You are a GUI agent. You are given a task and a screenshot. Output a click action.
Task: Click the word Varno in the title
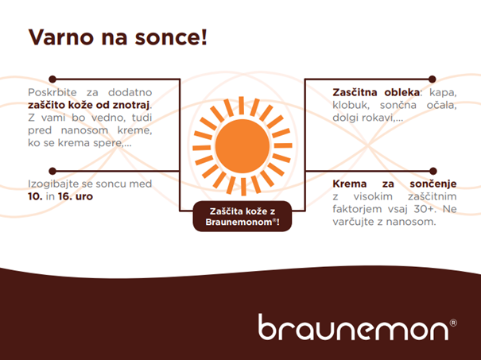pyautogui.click(x=60, y=37)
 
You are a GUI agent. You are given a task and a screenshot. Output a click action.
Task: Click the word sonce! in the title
pyautogui.click(x=171, y=37)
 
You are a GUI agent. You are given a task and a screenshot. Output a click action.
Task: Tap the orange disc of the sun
pyautogui.click(x=242, y=146)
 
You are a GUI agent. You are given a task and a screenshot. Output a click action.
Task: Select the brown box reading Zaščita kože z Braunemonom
pyautogui.click(x=242, y=216)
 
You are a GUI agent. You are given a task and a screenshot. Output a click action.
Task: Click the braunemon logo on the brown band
pyautogui.click(x=353, y=327)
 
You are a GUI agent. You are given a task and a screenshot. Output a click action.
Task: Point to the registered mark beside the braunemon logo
pyautogui.click(x=453, y=323)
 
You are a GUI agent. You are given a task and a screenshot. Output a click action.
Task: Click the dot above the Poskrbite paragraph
pyautogui.click(x=52, y=79)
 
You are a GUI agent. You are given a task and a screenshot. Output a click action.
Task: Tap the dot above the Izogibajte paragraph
pyautogui.click(x=52, y=171)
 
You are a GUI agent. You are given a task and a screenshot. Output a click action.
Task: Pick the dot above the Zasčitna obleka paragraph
pyautogui.click(x=433, y=79)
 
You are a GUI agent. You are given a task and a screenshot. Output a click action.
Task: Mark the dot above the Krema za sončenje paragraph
pyautogui.click(x=433, y=171)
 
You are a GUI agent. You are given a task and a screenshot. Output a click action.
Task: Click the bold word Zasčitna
pyautogui.click(x=355, y=92)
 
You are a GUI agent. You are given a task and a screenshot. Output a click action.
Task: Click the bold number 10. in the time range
pyautogui.click(x=35, y=196)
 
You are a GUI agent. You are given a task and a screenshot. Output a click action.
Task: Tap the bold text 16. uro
pyautogui.click(x=76, y=196)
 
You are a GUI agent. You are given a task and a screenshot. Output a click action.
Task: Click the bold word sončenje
pyautogui.click(x=433, y=184)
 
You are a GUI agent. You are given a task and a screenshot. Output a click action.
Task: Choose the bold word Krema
pyautogui.click(x=350, y=184)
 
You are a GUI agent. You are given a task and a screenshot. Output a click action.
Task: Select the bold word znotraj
pyautogui.click(x=131, y=105)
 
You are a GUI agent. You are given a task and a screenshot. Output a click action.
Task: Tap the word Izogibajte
pyautogui.click(x=51, y=184)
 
